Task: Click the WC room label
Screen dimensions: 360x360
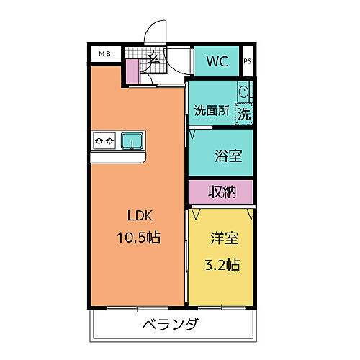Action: pos(218,62)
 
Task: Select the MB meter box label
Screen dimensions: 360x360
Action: pos(105,53)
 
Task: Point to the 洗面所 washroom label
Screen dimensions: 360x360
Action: pos(212,111)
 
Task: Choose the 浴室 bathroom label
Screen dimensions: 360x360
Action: pos(228,155)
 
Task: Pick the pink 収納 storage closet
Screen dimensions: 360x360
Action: pos(221,192)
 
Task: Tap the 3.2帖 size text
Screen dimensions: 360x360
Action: pos(222,264)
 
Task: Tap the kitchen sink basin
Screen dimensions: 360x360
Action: pos(131,140)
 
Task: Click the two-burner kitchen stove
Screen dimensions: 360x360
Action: pos(104,140)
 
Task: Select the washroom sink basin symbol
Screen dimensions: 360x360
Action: pos(244,92)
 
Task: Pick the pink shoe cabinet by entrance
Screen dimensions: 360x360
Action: pos(132,71)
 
